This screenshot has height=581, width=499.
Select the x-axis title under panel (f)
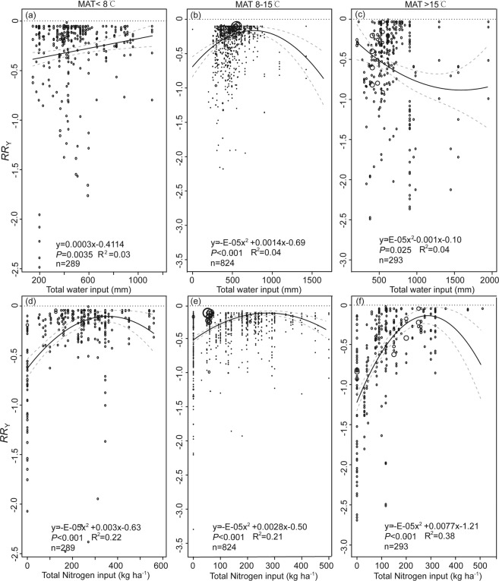tap(418, 576)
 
